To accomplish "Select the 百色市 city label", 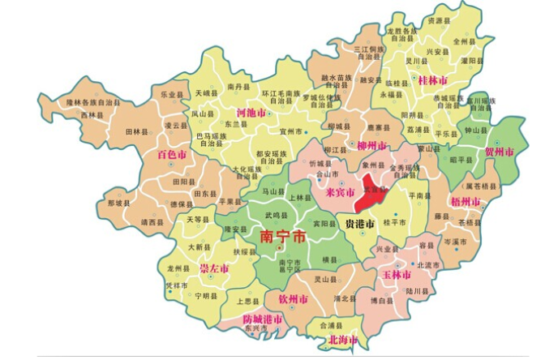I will [x=172, y=153].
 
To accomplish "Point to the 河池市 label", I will [x=251, y=113].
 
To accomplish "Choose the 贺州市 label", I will [x=500, y=152].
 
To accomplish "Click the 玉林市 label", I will [x=397, y=275].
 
